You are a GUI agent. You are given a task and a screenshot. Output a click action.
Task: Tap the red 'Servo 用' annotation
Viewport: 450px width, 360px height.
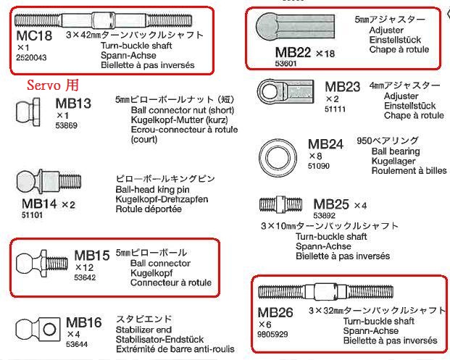pyautogui.click(x=52, y=85)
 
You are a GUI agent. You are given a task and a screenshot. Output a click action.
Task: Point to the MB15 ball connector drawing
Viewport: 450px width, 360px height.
pyautogui.click(x=42, y=259)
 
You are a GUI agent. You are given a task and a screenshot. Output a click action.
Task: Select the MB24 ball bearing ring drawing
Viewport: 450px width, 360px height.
pyautogui.click(x=278, y=155)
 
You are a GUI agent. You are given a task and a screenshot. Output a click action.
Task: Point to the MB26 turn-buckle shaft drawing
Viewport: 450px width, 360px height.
pyautogui.click(x=320, y=292)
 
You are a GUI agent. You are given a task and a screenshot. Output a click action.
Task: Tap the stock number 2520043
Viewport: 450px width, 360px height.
pyautogui.click(x=31, y=58)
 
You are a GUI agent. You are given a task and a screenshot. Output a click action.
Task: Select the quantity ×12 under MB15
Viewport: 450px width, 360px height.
pyautogui.click(x=86, y=267)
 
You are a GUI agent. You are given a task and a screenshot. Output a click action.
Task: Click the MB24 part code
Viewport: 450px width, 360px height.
pyautogui.click(x=325, y=144)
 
